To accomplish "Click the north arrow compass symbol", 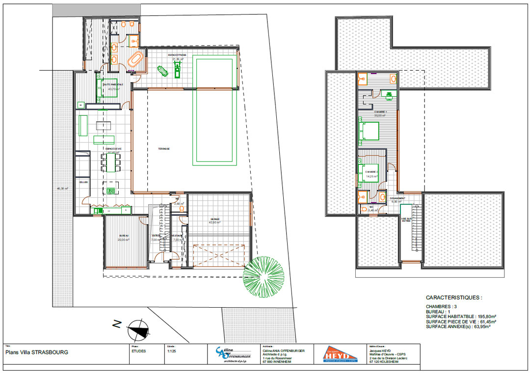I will pyautogui.click(x=137, y=331).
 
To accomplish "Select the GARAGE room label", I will pyautogui.click(x=215, y=219).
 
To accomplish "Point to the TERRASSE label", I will pyautogui.click(x=164, y=149).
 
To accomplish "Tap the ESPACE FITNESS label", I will pyautogui.click(x=176, y=55).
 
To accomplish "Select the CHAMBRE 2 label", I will pyautogui.click(x=371, y=172).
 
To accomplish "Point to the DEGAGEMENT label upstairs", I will pyautogui.click(x=397, y=198).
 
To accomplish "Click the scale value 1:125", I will pyautogui.click(x=172, y=351).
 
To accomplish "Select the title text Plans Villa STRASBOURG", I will pyautogui.click(x=37, y=352).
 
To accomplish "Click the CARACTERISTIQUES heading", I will pyautogui.click(x=454, y=297).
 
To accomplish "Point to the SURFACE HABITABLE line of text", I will pyautogui.click(x=461, y=317).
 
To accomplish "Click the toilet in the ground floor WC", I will pyautogui.click(x=182, y=208).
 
